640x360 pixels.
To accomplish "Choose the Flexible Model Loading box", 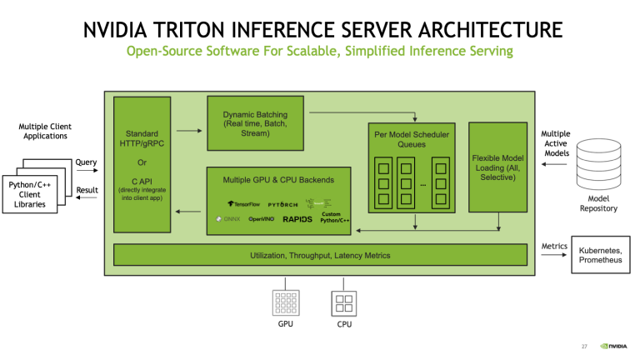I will [x=497, y=167].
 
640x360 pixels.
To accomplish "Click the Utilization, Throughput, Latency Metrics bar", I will [x=320, y=255].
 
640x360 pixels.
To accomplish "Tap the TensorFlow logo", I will [x=243, y=203].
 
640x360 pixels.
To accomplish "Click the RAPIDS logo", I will [x=297, y=219].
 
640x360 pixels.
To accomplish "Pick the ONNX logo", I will [x=227, y=219].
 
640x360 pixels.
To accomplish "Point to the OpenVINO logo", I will [x=262, y=219].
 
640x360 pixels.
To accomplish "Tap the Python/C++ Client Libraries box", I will [x=30, y=193].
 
